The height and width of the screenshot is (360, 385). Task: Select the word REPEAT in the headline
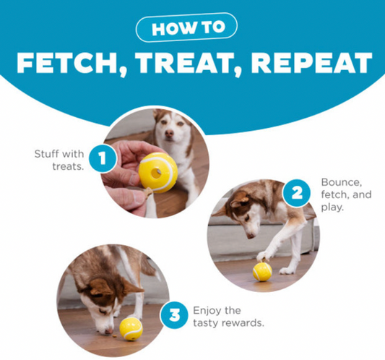311,63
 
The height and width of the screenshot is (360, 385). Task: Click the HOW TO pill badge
186,27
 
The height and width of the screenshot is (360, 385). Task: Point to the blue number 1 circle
103,158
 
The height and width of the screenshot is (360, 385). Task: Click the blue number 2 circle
297,193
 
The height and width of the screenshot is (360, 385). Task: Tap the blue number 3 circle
174,315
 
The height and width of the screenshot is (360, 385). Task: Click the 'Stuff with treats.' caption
59,160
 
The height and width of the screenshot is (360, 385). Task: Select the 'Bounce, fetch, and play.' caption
346,194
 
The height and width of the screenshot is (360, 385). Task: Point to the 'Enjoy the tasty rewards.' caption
228,317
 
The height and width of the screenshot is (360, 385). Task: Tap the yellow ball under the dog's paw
262,272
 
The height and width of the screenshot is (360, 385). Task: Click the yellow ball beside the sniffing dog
131,329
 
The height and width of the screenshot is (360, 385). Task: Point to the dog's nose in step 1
169,134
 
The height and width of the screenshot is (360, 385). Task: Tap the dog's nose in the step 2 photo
250,236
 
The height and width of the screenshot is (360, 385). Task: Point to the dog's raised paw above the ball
263,257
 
